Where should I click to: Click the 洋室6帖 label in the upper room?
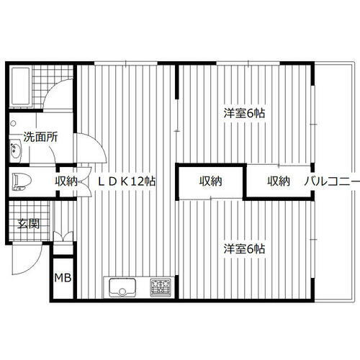tap(243, 113)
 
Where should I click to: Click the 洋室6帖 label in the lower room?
tap(243, 248)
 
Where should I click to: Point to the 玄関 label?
tap(29, 222)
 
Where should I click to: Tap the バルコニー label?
tap(330, 181)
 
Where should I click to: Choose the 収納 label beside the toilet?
tap(66, 181)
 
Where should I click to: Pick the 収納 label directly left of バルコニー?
tap(279, 181)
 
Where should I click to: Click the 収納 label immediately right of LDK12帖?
tap(211, 181)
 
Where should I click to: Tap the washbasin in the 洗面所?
tap(17, 151)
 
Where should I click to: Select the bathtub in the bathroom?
tap(19, 85)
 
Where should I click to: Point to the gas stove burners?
tap(160, 288)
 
